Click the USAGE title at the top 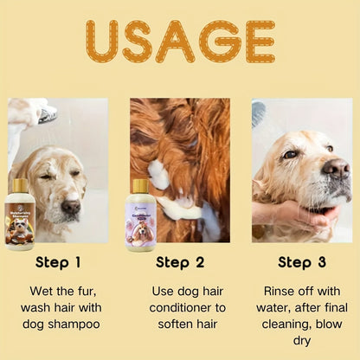click(x=180, y=42)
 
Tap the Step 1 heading click(x=59, y=262)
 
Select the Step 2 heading click(x=179, y=262)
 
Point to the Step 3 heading click(x=300, y=262)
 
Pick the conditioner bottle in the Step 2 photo click(x=140, y=216)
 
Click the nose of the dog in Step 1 click(x=70, y=208)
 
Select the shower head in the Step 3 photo click(x=259, y=112)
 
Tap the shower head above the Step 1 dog click(x=48, y=113)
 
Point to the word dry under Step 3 click(x=300, y=340)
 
